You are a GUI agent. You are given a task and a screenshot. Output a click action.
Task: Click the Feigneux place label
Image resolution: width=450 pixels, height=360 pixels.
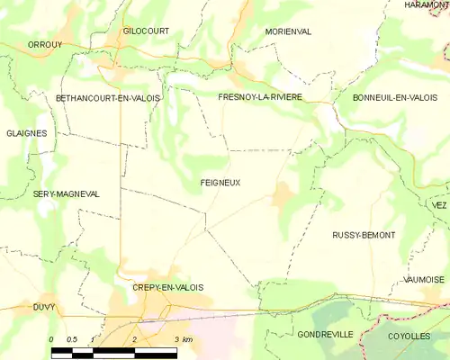click(x=220, y=183)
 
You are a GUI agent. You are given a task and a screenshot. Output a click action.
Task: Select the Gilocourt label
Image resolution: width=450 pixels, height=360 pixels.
click(x=146, y=31)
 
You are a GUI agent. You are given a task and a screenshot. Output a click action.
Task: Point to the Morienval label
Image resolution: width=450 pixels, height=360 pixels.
click(x=288, y=31)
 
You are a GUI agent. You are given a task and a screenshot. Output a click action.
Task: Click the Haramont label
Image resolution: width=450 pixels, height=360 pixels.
click(x=427, y=5)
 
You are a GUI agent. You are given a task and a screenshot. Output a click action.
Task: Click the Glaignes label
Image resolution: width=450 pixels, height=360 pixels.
click(x=25, y=133)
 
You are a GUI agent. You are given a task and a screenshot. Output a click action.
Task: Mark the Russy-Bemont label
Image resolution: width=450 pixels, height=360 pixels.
click(x=364, y=235)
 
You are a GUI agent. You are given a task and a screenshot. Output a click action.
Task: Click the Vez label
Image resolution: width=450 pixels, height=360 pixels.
click(x=439, y=206)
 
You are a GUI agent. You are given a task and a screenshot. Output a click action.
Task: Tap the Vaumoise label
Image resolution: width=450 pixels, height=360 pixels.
click(x=423, y=280)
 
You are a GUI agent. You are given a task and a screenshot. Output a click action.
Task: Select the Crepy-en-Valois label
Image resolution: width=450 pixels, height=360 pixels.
click(x=167, y=287)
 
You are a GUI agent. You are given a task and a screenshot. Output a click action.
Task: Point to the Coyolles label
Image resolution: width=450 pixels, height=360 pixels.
click(x=409, y=335)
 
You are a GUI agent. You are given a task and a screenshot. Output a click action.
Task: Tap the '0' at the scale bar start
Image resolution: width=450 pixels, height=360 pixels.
click(x=51, y=339)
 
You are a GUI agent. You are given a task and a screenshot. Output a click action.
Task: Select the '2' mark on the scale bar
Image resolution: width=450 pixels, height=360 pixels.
click(x=133, y=339)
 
